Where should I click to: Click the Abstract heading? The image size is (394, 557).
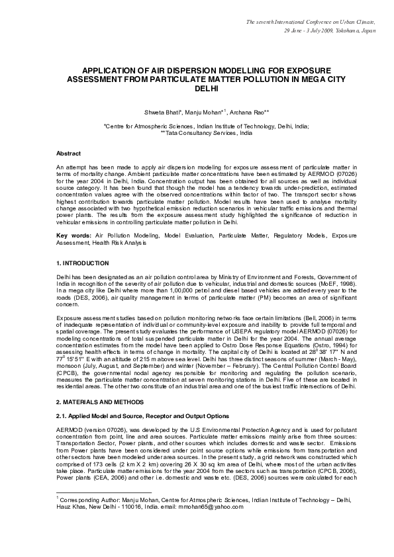coord(69,152)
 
